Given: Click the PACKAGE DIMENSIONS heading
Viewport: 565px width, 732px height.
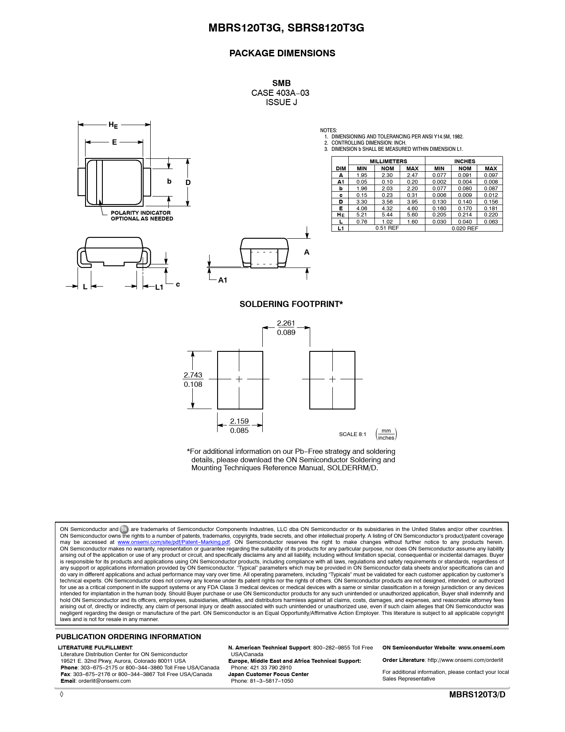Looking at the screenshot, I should [x=282, y=53].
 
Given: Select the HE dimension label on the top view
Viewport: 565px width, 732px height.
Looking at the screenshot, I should [x=113, y=125].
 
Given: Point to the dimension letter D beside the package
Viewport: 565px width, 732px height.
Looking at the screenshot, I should [x=188, y=183].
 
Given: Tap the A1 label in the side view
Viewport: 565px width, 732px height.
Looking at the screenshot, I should [x=222, y=280].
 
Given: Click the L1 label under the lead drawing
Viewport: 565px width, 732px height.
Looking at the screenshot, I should [x=159, y=287].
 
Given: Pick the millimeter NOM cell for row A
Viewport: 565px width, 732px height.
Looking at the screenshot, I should [x=387, y=175].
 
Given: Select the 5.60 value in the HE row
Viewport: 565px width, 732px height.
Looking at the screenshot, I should [x=412, y=215].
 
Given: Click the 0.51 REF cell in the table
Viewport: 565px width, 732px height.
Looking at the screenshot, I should [x=387, y=228].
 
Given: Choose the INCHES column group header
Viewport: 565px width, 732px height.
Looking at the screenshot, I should [x=464, y=161].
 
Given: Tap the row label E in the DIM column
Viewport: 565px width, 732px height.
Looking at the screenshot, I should [x=341, y=209].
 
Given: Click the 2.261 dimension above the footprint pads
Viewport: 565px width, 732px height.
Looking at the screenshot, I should [x=286, y=323].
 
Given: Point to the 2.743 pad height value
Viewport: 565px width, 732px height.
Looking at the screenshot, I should [x=193, y=375].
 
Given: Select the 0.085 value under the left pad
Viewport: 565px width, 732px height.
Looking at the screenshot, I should [x=239, y=431].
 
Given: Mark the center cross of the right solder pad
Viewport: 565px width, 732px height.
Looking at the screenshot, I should [x=332, y=379].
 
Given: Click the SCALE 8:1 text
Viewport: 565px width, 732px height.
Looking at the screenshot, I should [x=353, y=434].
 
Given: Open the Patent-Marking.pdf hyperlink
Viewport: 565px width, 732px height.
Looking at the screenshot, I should [x=174, y=542].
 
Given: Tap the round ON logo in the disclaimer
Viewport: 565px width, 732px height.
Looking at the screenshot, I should [x=124, y=529].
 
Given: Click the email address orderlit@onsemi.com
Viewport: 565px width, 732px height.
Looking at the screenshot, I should [x=105, y=681].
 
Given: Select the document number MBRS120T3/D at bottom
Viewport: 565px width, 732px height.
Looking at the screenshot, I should [x=477, y=695].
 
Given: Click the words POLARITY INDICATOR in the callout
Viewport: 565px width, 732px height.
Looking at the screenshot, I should [x=140, y=213].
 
